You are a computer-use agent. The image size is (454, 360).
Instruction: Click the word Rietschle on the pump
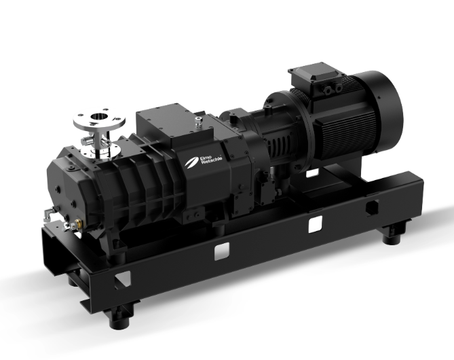(212, 160)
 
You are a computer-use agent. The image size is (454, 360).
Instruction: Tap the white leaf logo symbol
(191, 162)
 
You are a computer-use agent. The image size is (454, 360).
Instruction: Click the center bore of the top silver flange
(99, 117)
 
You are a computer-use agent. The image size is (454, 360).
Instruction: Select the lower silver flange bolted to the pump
(100, 150)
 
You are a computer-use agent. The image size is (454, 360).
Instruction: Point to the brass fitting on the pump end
(78, 223)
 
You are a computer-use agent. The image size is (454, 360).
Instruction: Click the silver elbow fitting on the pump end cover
(48, 213)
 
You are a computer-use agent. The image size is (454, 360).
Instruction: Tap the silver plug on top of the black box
(197, 121)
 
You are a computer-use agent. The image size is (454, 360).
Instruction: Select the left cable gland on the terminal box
(328, 90)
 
